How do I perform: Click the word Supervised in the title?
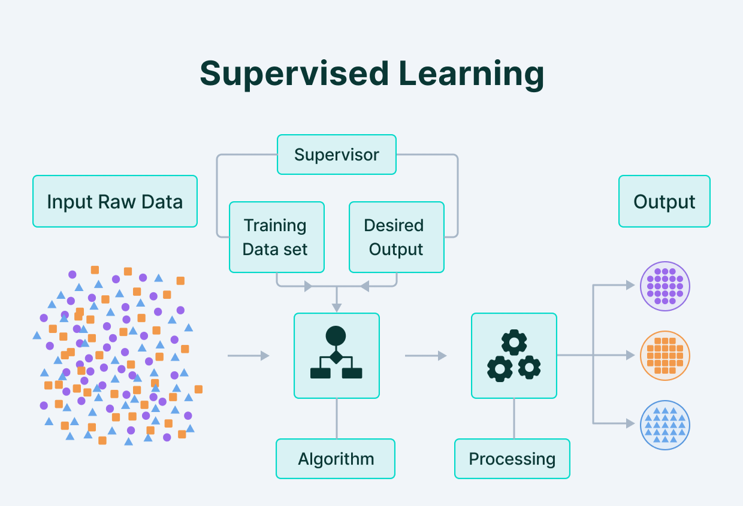coord(294,74)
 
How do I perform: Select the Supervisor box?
coord(336,154)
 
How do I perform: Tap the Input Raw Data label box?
coord(115,201)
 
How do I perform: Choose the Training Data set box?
coord(276,237)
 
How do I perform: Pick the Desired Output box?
coord(396,237)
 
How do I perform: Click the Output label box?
coord(664,201)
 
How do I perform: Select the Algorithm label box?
coord(336,459)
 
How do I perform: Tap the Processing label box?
coord(512,459)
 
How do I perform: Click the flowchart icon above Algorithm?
coord(336,356)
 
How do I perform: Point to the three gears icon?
coord(514,356)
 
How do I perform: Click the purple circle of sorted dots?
coord(665,286)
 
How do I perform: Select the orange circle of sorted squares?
coord(665,355)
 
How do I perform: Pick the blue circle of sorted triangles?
coord(665,424)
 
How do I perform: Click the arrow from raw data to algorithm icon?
coord(248,356)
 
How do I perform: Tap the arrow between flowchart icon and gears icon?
coord(425,356)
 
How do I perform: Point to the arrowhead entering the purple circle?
coord(630,286)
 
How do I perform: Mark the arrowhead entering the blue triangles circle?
coord(630,423)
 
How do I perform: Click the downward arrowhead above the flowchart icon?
coord(337,307)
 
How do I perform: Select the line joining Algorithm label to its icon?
coord(337,419)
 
